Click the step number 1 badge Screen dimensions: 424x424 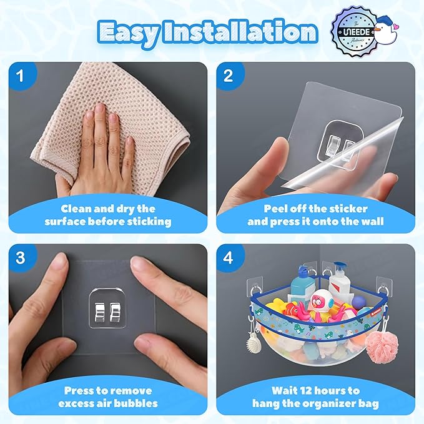pyautogui.click(x=21, y=76)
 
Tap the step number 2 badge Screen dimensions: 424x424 pyautogui.click(x=229, y=76)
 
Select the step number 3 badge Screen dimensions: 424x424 pyautogui.click(x=21, y=258)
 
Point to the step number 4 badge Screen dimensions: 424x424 pyautogui.click(x=229, y=258)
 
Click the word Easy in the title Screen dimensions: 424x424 pyautogui.click(x=128, y=32)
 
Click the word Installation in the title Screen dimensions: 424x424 pyautogui.click(x=240, y=32)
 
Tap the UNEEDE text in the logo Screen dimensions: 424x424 pyautogui.click(x=357, y=32)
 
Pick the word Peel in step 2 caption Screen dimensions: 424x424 pyautogui.click(x=275, y=209)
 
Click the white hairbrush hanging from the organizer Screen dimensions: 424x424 pyautogui.click(x=254, y=342)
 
